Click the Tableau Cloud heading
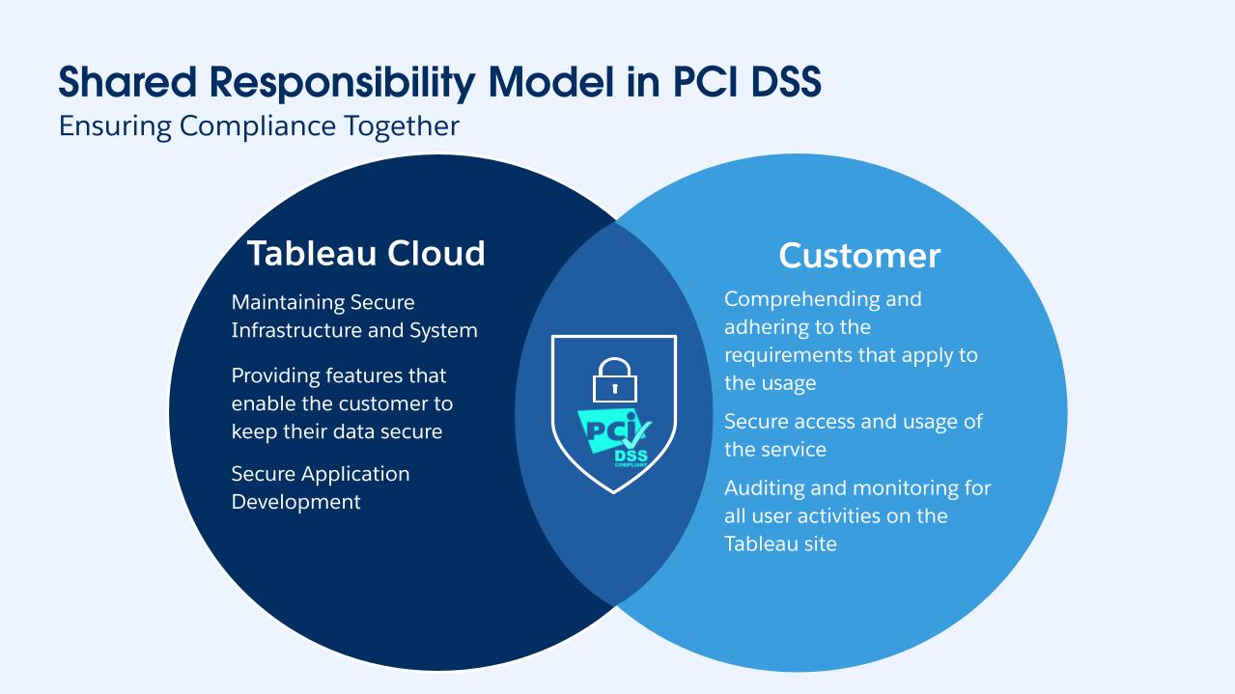click(x=365, y=253)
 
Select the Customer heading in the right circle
click(x=858, y=255)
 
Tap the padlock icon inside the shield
click(x=613, y=379)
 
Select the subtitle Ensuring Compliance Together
click(x=259, y=126)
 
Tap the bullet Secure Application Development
click(x=320, y=487)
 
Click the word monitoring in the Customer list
click(x=886, y=487)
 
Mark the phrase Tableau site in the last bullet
click(x=780, y=543)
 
